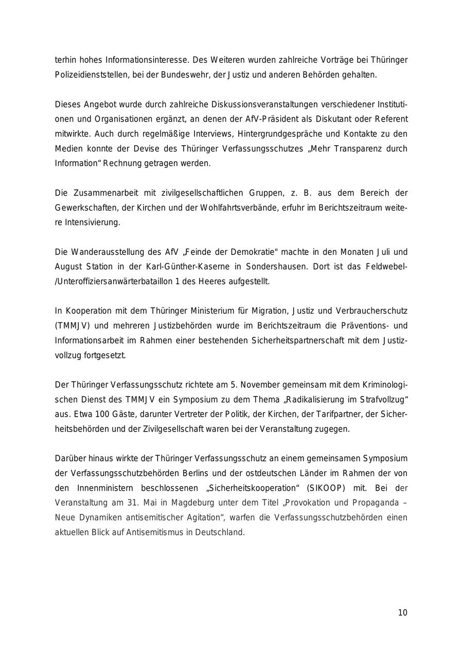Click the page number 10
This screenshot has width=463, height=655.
coord(402,613)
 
